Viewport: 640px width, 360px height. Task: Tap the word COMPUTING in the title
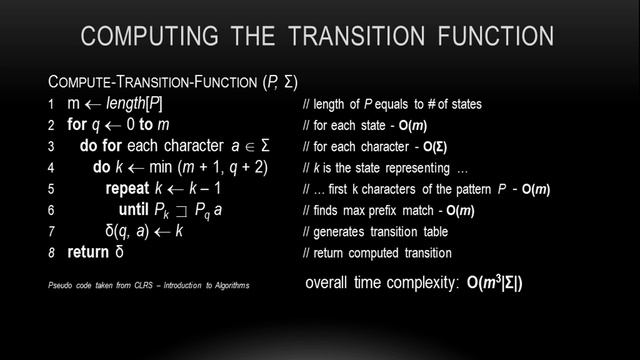140,38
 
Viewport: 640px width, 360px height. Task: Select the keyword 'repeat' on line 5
126,188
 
